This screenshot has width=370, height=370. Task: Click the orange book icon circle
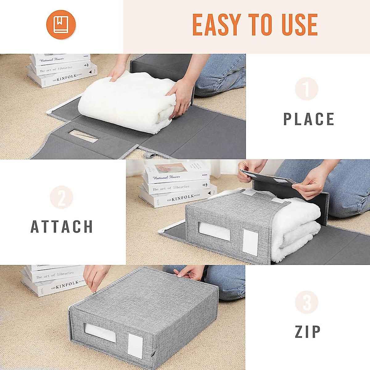point(61,25)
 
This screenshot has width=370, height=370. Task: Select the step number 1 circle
point(306,89)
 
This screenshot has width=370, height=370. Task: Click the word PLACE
point(309,119)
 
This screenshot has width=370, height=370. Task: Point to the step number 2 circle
point(61,197)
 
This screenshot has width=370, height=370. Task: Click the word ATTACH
point(62,227)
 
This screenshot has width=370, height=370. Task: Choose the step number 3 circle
point(306,302)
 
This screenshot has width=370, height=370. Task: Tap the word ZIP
point(308,332)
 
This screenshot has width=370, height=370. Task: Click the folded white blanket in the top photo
point(126,102)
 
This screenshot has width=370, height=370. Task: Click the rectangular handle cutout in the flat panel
point(83,136)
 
